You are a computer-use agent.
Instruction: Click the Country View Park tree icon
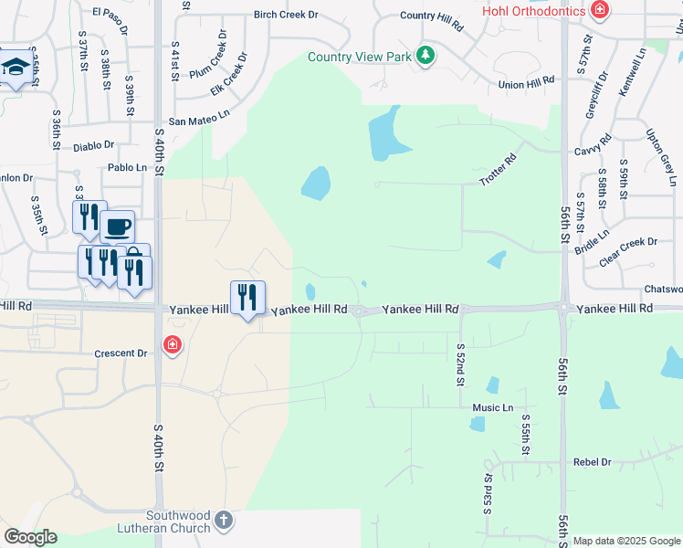pyautogui.click(x=425, y=57)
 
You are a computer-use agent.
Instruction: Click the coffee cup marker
pyautogui.click(x=117, y=225)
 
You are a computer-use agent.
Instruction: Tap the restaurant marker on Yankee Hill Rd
pyautogui.click(x=247, y=297)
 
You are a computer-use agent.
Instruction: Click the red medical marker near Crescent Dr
pyautogui.click(x=172, y=345)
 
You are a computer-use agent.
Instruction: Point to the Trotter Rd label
pyautogui.click(x=498, y=171)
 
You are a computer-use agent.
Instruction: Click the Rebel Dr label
pyautogui.click(x=592, y=462)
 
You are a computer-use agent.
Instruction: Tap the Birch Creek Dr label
pyautogui.click(x=286, y=15)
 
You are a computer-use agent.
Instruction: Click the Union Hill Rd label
pyautogui.click(x=527, y=83)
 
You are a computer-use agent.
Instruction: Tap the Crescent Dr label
pyautogui.click(x=121, y=353)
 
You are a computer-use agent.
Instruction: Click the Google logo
pyautogui.click(x=31, y=537)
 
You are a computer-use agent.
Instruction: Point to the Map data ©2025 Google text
pyautogui.click(x=626, y=541)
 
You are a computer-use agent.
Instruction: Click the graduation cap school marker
pyautogui.click(x=16, y=68)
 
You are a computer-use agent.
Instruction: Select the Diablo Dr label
pyautogui.click(x=94, y=145)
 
